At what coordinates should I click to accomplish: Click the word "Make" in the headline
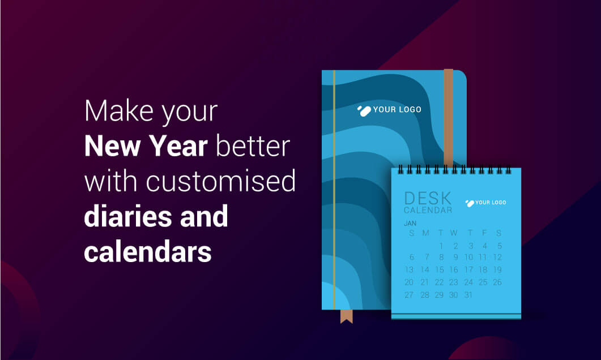tap(116, 112)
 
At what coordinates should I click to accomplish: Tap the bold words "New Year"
tap(150, 146)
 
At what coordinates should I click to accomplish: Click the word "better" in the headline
tap(254, 146)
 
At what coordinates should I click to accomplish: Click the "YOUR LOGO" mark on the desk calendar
tap(485, 202)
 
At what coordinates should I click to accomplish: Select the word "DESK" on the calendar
tap(428, 199)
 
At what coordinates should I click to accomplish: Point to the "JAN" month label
tap(410, 224)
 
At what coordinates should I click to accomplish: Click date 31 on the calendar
tap(468, 295)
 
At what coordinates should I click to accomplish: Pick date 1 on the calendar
tap(441, 246)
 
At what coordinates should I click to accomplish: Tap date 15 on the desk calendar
tap(440, 270)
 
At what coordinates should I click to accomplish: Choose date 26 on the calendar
tap(497, 282)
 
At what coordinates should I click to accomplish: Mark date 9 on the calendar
tap(455, 258)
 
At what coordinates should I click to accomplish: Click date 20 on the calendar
tap(409, 282)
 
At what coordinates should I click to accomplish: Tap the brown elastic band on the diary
tap(448, 113)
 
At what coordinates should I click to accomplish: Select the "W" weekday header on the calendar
tap(454, 233)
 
